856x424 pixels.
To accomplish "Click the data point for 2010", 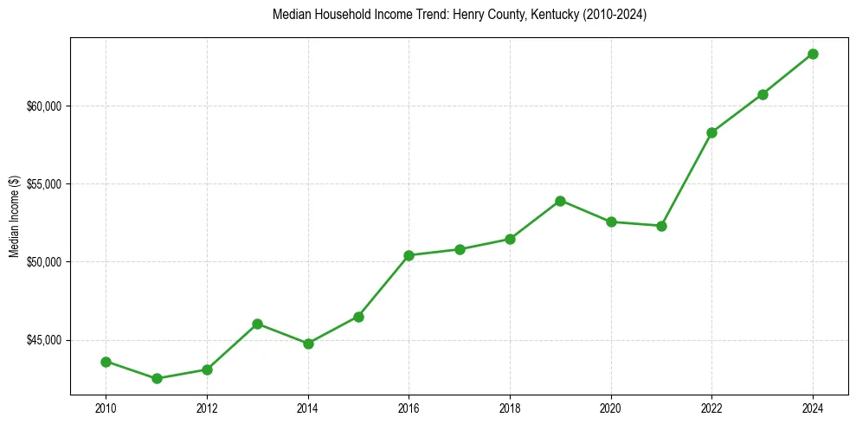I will pos(106,362).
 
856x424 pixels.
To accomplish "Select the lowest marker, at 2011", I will pos(156,378).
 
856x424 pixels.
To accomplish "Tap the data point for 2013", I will pos(257,324).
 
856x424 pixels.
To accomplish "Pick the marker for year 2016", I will pos(409,255).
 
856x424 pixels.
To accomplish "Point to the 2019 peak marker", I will pos(560,201).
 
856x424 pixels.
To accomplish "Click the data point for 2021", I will pos(661,226).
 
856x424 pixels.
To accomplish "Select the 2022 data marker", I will pos(711,132).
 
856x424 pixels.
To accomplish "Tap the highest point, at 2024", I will pos(813,54).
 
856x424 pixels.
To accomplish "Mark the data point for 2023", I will pos(763,94).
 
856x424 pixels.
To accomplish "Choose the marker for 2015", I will pos(358,317).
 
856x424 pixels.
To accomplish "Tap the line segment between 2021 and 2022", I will pos(686,179).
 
